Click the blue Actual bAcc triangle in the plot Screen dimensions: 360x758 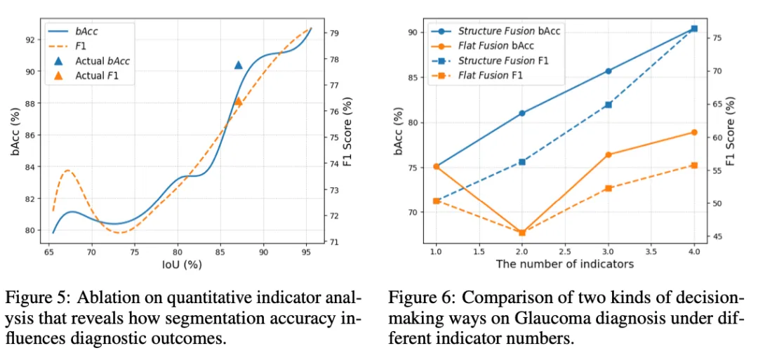pyautogui.click(x=238, y=65)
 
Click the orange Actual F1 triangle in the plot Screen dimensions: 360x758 pyautogui.click(x=238, y=101)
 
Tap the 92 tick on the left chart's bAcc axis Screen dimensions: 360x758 pyautogui.click(x=31, y=40)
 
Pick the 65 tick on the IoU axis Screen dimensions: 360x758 pyautogui.click(x=49, y=251)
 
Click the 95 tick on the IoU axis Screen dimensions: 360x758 pyautogui.click(x=306, y=251)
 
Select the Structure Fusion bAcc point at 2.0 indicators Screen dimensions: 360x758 pyautogui.click(x=521, y=113)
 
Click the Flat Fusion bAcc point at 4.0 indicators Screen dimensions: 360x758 pyautogui.click(x=694, y=132)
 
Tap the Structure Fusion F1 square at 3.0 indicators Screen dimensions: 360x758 pyautogui.click(x=608, y=105)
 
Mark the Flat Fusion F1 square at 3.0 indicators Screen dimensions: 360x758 pyautogui.click(x=608, y=188)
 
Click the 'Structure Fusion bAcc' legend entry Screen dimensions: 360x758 pyautogui.click(x=508, y=31)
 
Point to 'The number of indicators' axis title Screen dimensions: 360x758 pyautogui.click(x=565, y=264)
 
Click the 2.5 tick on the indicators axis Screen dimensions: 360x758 pyautogui.click(x=565, y=251)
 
